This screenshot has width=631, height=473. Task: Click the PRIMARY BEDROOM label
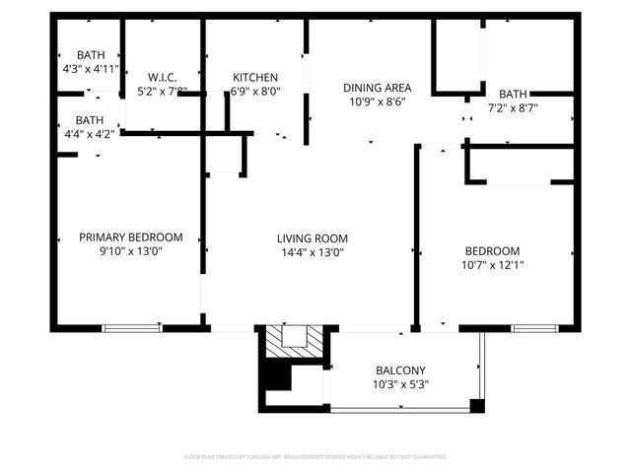[x=131, y=237]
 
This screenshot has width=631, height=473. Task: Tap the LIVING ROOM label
[x=312, y=238]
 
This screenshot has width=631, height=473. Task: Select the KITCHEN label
[x=254, y=78]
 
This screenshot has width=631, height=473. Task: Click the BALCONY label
[x=400, y=371]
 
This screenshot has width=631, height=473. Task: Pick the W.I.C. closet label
[x=162, y=78]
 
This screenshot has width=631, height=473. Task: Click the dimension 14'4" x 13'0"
[x=312, y=252]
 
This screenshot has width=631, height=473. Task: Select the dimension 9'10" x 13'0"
[x=131, y=251]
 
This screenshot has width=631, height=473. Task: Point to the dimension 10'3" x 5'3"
[x=400, y=384]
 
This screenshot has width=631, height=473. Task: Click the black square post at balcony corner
[x=477, y=406]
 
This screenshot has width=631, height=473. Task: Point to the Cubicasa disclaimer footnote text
[x=315, y=457]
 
